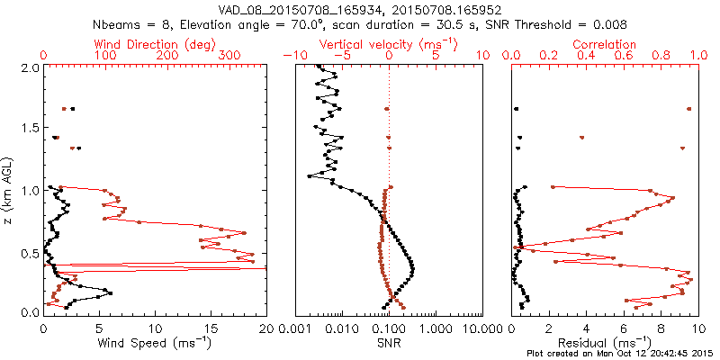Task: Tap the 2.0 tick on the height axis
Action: coord(30,67)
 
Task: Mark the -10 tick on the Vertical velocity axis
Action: coord(291,56)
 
